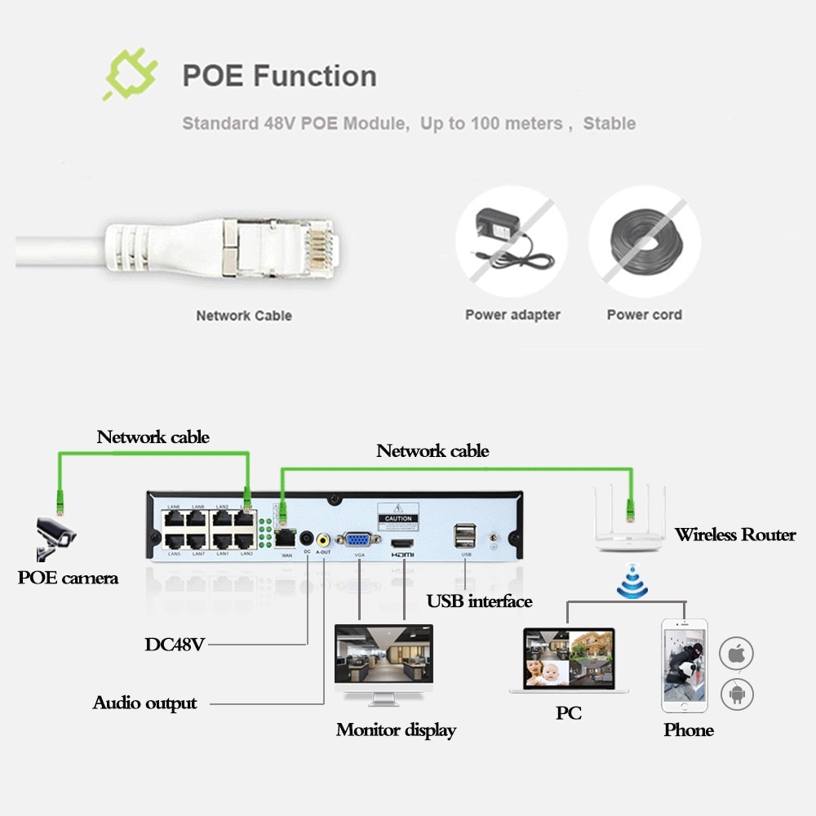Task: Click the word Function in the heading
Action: [315, 76]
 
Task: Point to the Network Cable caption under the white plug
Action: [243, 315]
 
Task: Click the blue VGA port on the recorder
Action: [357, 540]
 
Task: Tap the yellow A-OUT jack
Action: [324, 540]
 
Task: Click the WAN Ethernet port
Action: [286, 539]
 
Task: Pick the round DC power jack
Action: [307, 539]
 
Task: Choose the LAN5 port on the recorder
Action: [175, 542]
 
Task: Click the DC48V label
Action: [175, 644]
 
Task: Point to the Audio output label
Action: [144, 703]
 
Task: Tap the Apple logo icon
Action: [736, 654]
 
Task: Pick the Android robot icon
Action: [736, 694]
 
